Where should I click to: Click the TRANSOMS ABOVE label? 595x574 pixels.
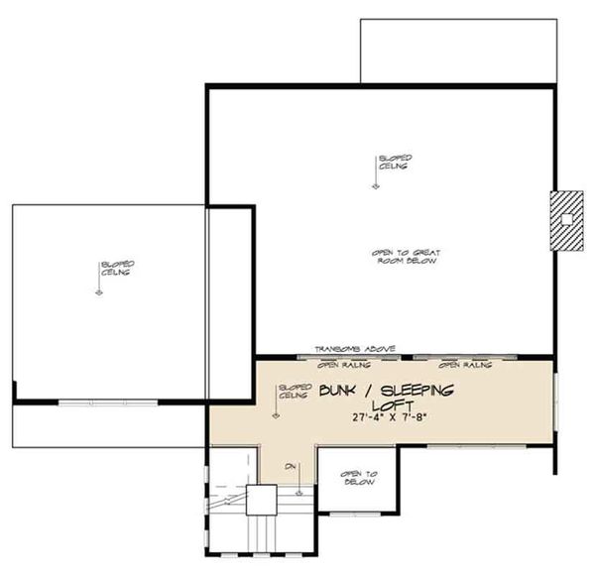355,350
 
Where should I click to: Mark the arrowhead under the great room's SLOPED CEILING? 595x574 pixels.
376,186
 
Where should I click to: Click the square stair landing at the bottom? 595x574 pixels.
263,501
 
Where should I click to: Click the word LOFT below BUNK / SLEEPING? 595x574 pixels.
388,405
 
